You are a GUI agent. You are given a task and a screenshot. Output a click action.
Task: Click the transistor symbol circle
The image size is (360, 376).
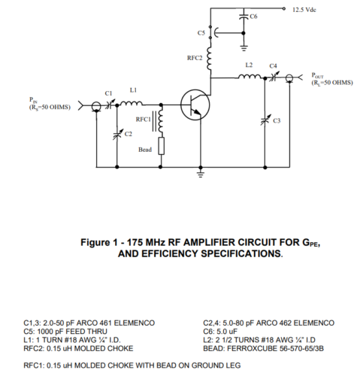(180, 105)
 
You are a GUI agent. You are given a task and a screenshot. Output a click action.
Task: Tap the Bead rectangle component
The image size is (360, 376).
(161, 146)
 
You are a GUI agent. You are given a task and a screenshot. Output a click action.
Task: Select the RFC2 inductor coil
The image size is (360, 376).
(209, 58)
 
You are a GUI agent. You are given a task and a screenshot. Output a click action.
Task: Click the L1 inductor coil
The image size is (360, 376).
(132, 103)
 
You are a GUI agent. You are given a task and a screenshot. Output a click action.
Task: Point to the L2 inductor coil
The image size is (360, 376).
(250, 76)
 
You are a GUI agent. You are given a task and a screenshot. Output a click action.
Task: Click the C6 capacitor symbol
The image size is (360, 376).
(244, 16)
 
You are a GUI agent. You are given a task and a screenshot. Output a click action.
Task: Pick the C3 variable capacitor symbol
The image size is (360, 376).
(265, 120)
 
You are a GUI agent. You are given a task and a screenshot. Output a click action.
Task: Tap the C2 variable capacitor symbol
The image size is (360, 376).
(117, 134)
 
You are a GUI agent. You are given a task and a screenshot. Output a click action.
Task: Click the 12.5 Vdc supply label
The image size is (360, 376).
(304, 10)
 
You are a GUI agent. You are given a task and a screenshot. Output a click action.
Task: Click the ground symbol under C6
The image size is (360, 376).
(244, 47)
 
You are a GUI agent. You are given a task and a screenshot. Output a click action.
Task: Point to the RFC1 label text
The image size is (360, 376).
(144, 120)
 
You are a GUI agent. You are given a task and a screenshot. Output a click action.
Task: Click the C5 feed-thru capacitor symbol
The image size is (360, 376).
(213, 33)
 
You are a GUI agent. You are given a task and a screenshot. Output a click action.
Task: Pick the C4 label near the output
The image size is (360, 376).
(273, 66)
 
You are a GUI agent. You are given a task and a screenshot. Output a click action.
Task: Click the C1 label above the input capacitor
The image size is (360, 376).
(108, 93)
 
